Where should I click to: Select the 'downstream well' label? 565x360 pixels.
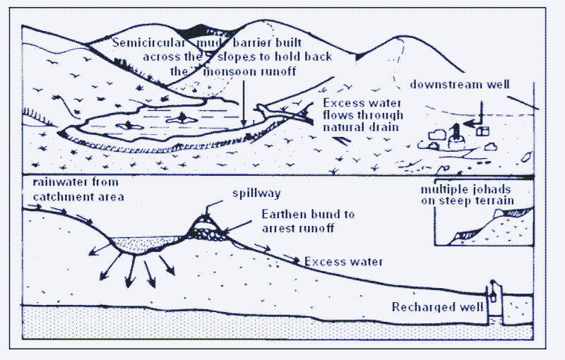460,85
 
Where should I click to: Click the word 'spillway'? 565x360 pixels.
256,193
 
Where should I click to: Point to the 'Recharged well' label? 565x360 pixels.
437,307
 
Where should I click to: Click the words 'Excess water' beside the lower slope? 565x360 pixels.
344,261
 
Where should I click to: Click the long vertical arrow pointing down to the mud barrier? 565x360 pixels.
244,103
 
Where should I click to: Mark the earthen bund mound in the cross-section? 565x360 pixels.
207,227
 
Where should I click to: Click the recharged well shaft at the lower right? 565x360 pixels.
494,303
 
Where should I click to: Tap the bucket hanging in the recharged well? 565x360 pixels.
492,297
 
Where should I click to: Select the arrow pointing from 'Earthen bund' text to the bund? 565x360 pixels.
238,227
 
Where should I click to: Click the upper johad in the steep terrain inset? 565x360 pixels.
513,212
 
